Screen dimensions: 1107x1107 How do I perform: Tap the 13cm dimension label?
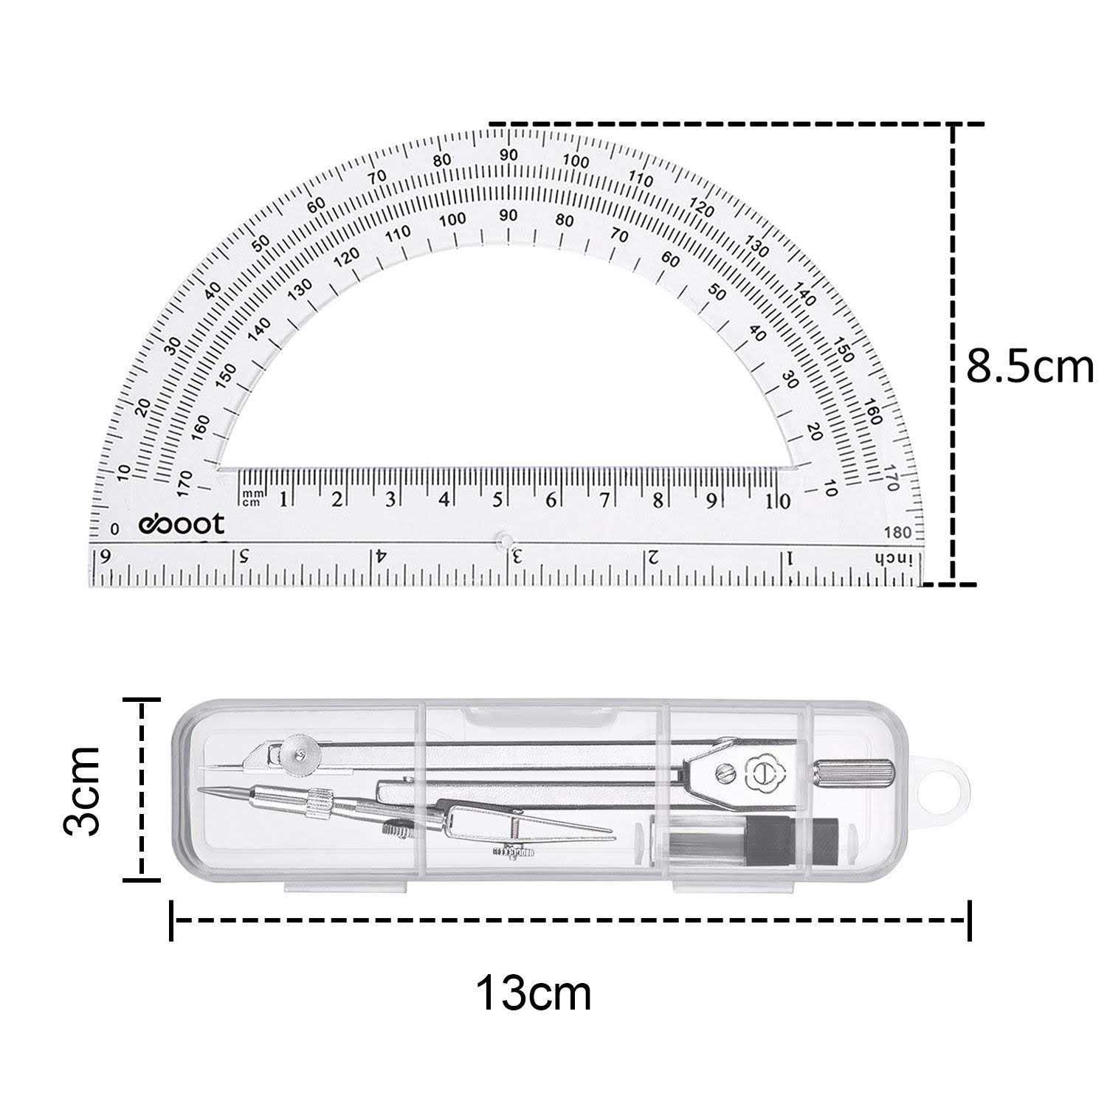[x=533, y=993]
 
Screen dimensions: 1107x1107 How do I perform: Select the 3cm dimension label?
[x=81, y=790]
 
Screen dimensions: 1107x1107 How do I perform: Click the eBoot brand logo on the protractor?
[x=182, y=524]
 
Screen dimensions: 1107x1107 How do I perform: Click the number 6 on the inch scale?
[x=105, y=556]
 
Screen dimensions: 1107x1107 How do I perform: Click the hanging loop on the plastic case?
[x=946, y=790]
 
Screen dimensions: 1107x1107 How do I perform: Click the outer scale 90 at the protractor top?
[x=508, y=155]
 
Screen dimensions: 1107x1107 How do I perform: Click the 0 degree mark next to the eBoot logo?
[x=114, y=529]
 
